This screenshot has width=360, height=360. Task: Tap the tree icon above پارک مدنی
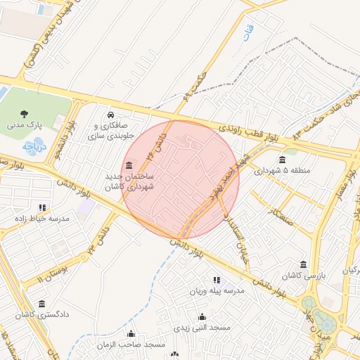25,112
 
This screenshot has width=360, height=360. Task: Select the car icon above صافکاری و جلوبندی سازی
110,115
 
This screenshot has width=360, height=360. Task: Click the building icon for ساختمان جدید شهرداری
128,167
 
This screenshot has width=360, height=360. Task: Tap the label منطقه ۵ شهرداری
281,170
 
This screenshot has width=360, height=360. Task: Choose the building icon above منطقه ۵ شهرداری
282,159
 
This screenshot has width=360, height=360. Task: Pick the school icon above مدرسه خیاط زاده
43,207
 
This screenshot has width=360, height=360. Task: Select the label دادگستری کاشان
43,315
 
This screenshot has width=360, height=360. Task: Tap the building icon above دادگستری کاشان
42,304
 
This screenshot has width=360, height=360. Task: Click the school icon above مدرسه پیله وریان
217,280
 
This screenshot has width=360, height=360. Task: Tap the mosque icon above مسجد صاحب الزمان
131,333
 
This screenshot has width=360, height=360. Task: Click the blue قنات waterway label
247,33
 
